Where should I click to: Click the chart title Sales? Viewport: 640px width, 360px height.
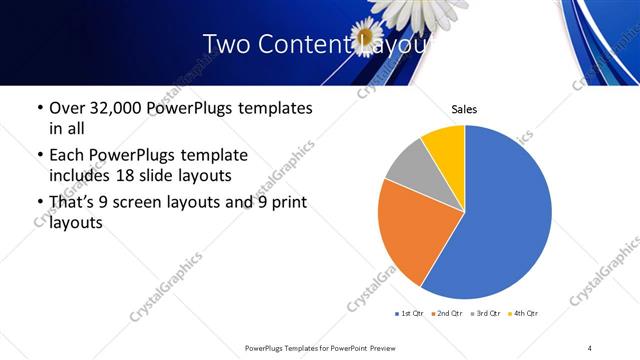pos(464,109)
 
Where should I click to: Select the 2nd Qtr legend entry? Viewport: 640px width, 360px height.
pos(447,314)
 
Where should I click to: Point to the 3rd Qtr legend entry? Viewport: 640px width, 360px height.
pos(486,314)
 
